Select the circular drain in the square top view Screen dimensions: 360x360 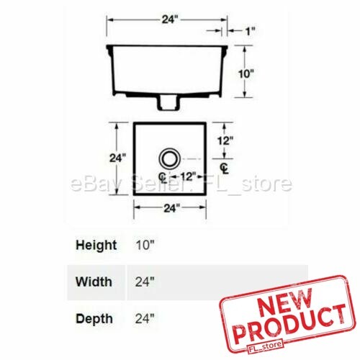pyautogui.click(x=170, y=158)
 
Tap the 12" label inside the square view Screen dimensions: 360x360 pyautogui.click(x=188, y=176)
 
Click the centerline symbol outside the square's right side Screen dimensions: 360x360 pyautogui.click(x=225, y=168)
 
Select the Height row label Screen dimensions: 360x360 pyautogui.click(x=96, y=245)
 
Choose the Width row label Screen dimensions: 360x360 pyautogui.click(x=94, y=281)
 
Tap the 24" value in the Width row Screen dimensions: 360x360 pyautogui.click(x=144, y=281)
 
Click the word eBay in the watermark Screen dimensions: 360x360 pyautogui.click(x=91, y=185)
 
